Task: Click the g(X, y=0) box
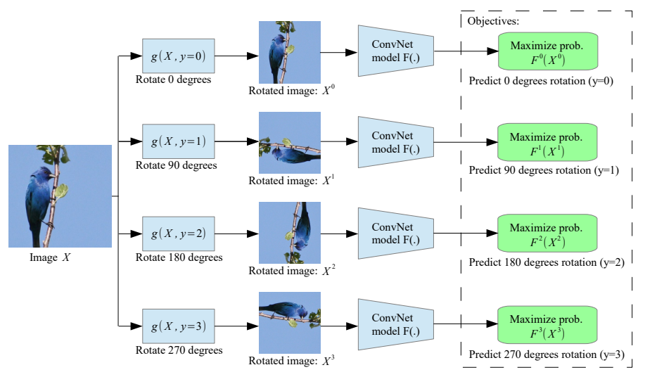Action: tap(178, 55)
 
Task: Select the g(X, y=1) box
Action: tap(178, 142)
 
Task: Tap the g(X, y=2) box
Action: tap(178, 234)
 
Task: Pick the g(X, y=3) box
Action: tap(178, 326)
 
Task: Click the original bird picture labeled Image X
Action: tap(60, 196)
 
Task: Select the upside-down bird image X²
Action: tap(290, 233)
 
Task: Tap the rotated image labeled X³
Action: tap(290, 324)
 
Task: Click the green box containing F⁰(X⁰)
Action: tap(547, 52)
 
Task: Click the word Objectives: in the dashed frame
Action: tap(493, 21)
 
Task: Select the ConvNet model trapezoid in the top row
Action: tap(396, 51)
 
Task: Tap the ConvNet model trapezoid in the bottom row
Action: tap(396, 324)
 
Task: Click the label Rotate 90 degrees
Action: tap(176, 166)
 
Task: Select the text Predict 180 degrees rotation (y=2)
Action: tap(547, 262)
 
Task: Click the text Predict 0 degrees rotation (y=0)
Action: tap(542, 81)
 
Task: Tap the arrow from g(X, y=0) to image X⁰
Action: tap(236, 54)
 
